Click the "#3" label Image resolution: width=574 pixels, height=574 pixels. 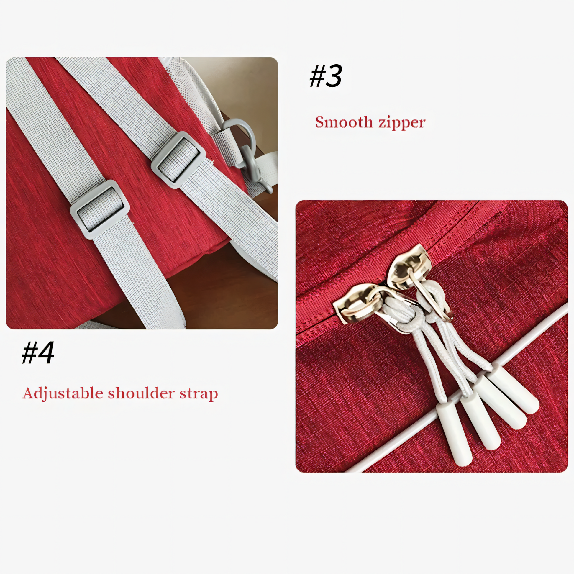point(326,76)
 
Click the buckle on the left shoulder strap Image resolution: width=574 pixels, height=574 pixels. point(100,209)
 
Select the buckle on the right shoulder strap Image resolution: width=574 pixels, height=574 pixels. point(178,160)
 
